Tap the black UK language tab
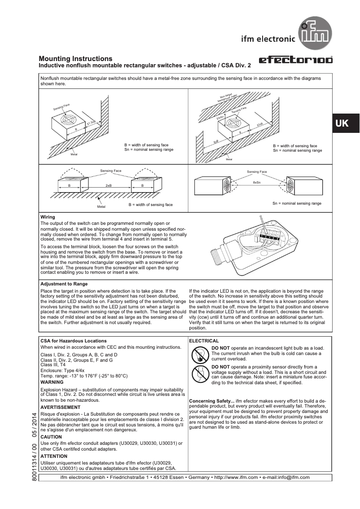(x=342, y=123)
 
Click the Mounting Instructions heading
(x=75, y=59)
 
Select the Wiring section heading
(x=48, y=217)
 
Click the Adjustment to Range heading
(x=64, y=284)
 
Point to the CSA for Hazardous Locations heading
(x=74, y=341)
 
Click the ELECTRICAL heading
(x=204, y=341)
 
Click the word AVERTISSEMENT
(x=60, y=407)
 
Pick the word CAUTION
(x=51, y=437)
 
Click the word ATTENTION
(x=54, y=456)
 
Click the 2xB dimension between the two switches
(x=108, y=185)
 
